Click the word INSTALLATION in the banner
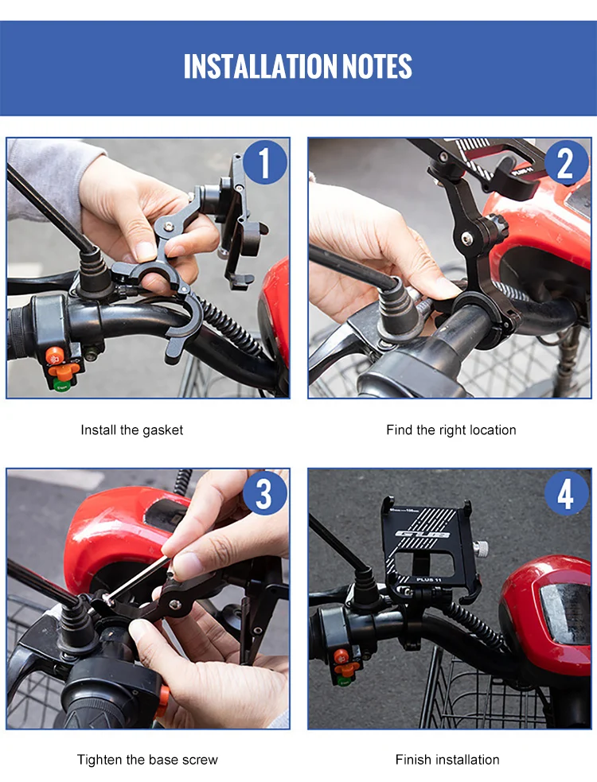pos(260,66)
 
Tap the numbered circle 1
pos(264,162)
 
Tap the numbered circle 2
pos(566,162)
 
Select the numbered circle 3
pos(264,493)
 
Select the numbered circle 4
pos(566,493)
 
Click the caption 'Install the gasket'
pos(132,430)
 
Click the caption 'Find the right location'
pos(451,430)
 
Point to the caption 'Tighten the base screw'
pos(147,760)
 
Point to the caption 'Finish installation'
pos(447,760)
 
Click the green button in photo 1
pos(61,384)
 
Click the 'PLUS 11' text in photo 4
pos(429,579)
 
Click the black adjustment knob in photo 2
pos(496,227)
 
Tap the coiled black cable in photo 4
pos(474,624)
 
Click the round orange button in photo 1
pos(55,356)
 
